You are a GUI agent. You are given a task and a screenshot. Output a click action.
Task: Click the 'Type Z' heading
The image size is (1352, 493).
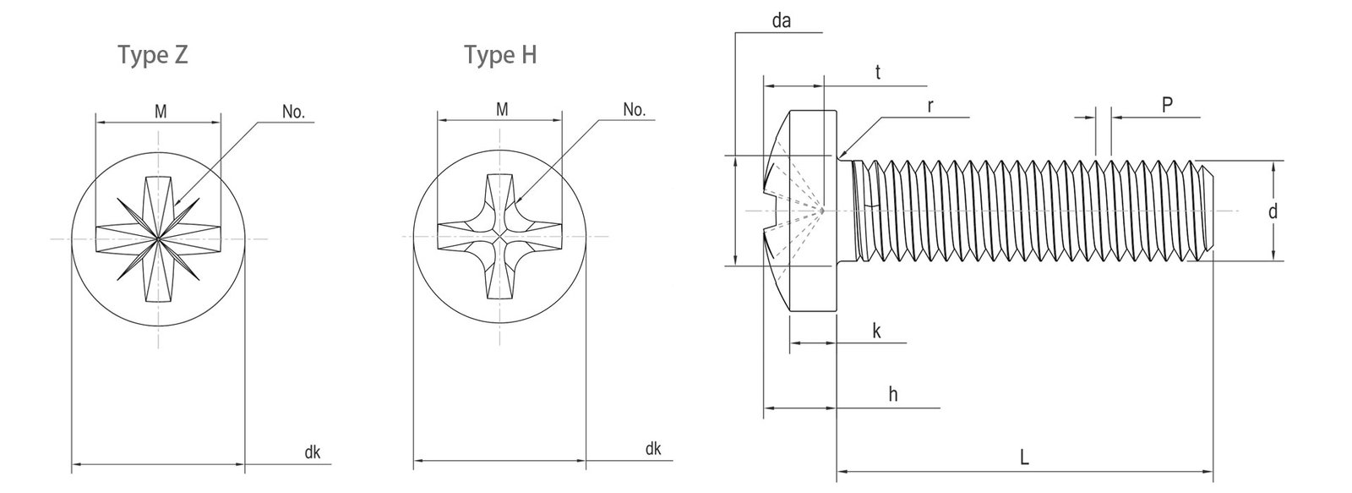coord(153,56)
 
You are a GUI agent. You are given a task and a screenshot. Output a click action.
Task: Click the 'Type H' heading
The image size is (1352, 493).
coord(500,56)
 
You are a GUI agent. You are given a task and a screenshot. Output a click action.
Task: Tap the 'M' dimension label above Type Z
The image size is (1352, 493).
coord(160,109)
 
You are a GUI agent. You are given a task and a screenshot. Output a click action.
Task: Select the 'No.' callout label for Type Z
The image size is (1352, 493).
coord(293,112)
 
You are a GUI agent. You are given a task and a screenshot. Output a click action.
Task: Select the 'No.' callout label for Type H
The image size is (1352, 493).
coord(634,109)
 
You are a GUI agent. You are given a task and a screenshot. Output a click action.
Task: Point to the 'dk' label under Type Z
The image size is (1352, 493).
coord(312,452)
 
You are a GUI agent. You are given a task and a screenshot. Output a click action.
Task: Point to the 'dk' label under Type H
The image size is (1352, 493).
coord(652,449)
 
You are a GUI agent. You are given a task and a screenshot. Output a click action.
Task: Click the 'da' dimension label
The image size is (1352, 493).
coord(781,21)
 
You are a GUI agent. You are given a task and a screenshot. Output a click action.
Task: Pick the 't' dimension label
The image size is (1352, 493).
coord(878,73)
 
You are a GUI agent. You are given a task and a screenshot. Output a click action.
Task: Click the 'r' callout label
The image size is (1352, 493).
coord(929,107)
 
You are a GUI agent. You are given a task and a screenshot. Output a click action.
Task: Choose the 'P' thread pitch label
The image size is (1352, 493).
coord(1166,105)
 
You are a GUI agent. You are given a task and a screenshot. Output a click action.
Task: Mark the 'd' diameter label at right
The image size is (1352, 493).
coord(1273,211)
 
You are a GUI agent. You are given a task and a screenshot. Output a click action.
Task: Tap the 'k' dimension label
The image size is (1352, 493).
coord(876,331)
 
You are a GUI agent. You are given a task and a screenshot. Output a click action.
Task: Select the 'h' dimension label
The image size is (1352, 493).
coord(893,395)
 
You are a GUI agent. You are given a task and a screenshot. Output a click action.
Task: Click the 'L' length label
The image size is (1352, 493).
coord(1024,458)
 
